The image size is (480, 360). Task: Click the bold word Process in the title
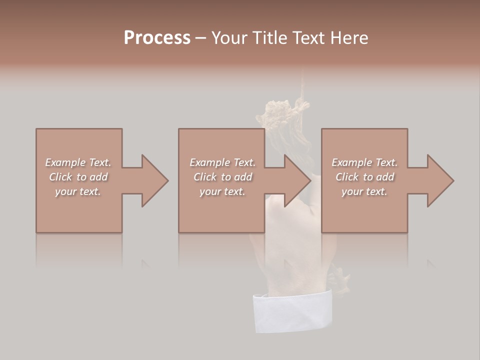click(157, 38)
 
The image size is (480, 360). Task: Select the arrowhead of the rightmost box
click(440, 180)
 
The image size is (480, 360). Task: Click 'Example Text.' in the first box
click(78, 162)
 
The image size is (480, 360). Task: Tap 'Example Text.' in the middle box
click(222, 162)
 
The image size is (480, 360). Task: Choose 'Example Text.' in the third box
click(364, 162)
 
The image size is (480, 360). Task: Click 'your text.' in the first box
click(78, 191)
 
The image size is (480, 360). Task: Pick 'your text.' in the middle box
click(222, 191)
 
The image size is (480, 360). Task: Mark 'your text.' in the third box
click(364, 191)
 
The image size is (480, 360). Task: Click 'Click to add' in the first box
click(78, 177)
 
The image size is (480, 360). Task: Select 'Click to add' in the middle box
click(222, 177)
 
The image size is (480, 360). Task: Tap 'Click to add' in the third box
click(364, 177)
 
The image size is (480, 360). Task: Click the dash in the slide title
click(200, 38)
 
